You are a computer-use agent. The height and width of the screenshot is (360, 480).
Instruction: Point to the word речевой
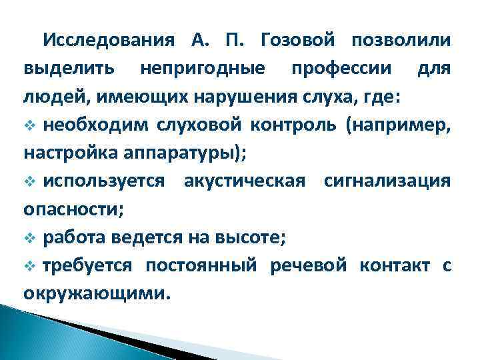pyautogui.click(x=309, y=265)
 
